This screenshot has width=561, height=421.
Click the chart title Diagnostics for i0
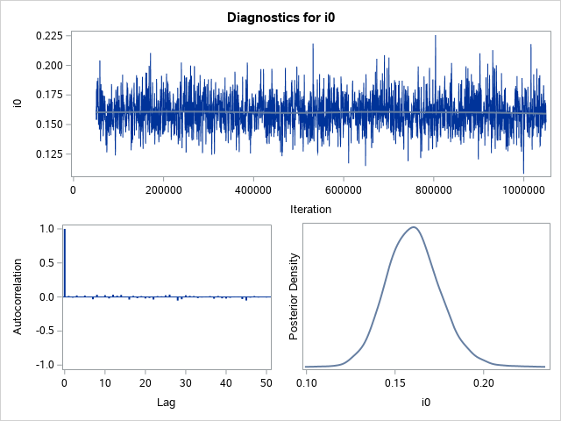pos(280,18)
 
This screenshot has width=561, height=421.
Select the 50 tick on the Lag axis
pos(266,382)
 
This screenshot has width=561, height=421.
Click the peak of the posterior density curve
pos(413,227)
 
